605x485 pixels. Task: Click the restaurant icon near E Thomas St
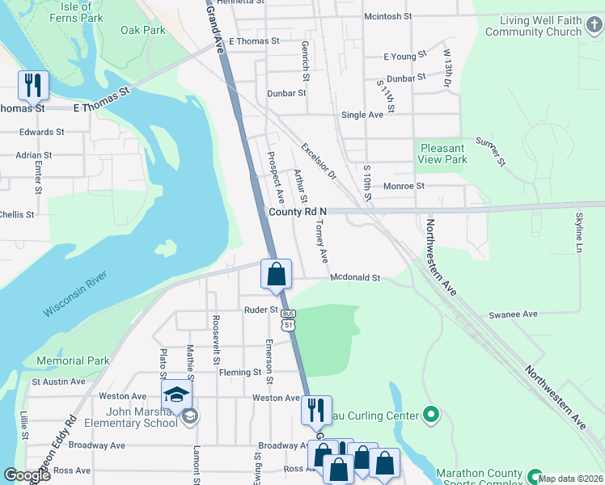pos(33,84)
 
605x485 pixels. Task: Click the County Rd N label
pos(297,211)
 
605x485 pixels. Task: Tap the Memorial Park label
pos(73,361)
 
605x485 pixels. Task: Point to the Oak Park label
pos(143,31)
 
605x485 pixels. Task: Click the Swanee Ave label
pos(513,314)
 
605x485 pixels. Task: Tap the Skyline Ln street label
pos(579,232)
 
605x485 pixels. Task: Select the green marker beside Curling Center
pos(431,416)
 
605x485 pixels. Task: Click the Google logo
pos(27,474)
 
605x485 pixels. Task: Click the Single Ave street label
pos(362,115)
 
